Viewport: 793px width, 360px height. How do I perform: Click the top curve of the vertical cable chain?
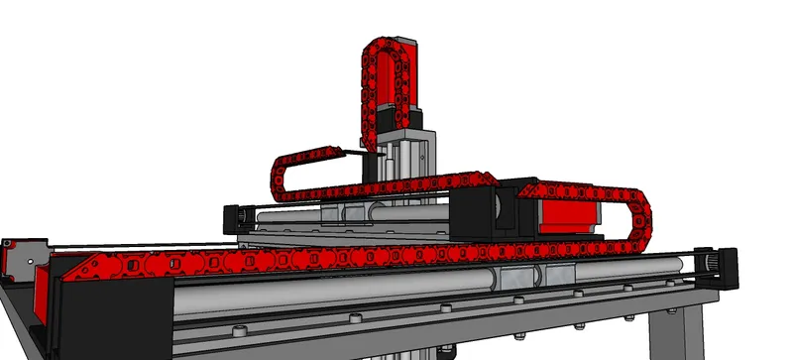coord(388,45)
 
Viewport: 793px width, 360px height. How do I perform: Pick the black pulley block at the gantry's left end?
coord(238,217)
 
